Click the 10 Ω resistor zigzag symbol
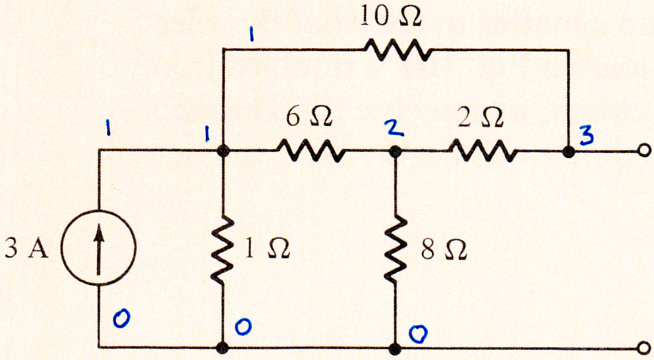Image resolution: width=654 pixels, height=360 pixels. tap(398, 50)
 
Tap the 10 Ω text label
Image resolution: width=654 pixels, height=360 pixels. tap(391, 17)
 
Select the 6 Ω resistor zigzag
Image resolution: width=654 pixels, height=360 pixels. tap(311, 150)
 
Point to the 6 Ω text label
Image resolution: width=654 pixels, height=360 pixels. tap(309, 117)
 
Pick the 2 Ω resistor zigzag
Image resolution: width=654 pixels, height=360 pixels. tap(484, 150)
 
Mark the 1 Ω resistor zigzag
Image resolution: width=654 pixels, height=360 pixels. tap(223, 249)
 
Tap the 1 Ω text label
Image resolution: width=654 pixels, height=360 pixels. tap(267, 249)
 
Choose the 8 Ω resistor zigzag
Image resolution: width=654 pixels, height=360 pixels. tap(394, 249)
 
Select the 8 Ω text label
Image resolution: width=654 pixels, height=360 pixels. tap(444, 251)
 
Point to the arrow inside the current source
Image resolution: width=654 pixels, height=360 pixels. tap(98, 249)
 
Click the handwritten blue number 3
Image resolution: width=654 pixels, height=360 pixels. tap(587, 135)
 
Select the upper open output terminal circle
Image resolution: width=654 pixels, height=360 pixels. tap(644, 150)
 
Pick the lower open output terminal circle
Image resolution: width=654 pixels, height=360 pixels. tap(644, 347)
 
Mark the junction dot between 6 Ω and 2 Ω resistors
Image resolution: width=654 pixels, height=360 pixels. tap(394, 151)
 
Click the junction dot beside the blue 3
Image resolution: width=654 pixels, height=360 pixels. tap(568, 152)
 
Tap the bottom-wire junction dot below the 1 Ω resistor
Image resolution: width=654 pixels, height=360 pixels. tap(223, 347)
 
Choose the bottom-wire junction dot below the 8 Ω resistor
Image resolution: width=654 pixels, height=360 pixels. tap(394, 347)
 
